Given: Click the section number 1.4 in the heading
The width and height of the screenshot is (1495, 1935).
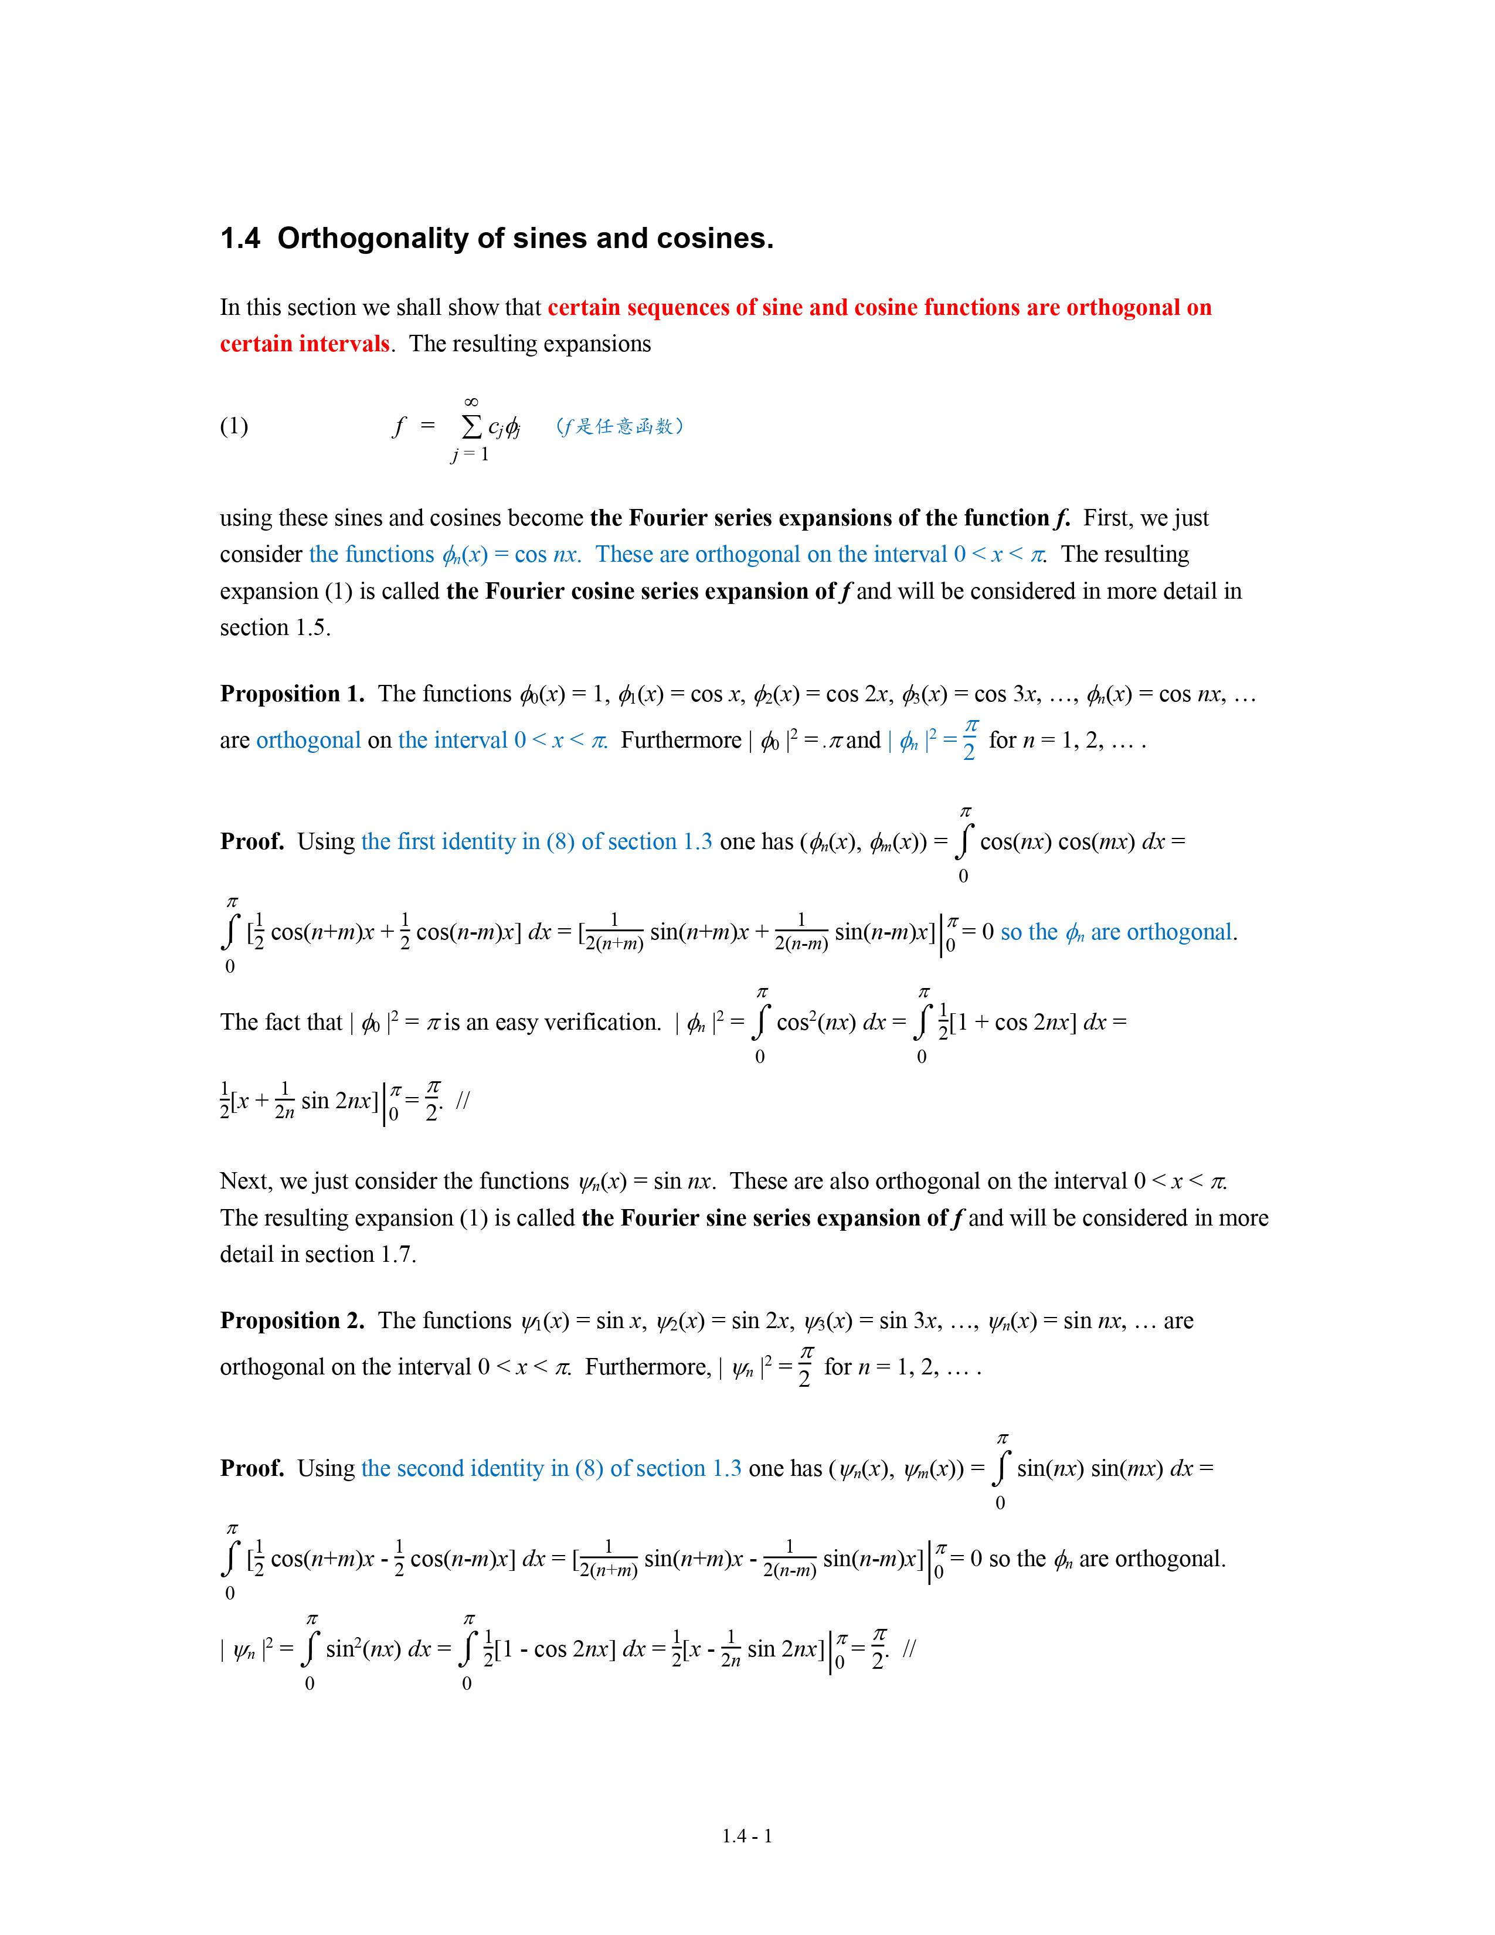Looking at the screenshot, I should (x=239, y=238).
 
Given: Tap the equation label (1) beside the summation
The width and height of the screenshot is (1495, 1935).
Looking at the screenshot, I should (x=234, y=426).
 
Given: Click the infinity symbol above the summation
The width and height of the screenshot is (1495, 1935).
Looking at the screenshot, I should (x=471, y=402).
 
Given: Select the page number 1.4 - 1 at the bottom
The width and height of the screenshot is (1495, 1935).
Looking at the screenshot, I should (x=746, y=1836).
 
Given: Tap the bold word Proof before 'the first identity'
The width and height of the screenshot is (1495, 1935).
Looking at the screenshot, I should (x=252, y=841).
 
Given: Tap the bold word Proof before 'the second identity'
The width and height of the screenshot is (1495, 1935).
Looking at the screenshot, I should (x=252, y=1469).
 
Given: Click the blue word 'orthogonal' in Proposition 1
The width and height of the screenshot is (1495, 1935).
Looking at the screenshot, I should (x=308, y=740).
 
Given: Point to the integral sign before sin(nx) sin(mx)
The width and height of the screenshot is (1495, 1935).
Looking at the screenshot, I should (x=1001, y=1470).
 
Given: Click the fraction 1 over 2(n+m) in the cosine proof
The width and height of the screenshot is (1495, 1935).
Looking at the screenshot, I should (x=614, y=932).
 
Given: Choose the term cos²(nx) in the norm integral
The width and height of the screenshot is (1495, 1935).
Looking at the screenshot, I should (x=816, y=1023).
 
